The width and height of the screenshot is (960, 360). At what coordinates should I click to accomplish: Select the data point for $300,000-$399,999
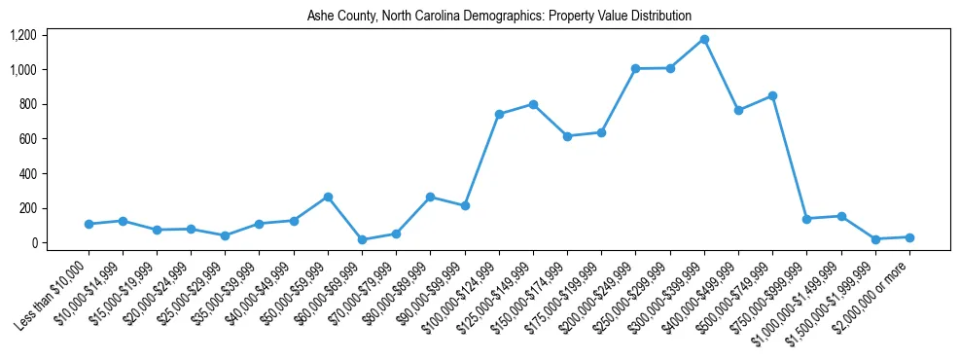[704, 40]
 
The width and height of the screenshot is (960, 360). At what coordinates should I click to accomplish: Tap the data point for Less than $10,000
[89, 224]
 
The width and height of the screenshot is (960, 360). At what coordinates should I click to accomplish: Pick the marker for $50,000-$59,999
[328, 197]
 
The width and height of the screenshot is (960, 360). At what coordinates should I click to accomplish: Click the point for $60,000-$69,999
[362, 239]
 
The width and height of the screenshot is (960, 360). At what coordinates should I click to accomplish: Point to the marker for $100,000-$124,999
[499, 114]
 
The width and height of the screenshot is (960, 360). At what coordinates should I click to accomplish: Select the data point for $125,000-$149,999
[533, 104]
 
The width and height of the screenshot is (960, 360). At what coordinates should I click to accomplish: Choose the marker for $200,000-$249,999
[636, 69]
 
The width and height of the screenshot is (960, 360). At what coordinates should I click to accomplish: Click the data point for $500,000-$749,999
[772, 95]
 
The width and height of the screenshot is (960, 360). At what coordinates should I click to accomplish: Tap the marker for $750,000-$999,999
[806, 219]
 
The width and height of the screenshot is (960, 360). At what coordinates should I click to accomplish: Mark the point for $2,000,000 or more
[909, 237]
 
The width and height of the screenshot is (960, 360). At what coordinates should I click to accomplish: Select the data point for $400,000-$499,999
[738, 110]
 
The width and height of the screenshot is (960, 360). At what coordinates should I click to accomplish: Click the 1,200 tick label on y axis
[22, 35]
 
